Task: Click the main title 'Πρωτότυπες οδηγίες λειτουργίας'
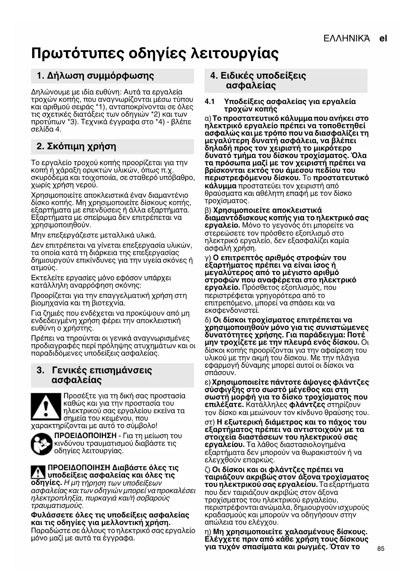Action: (x=155, y=53)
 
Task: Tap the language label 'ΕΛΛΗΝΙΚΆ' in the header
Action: (x=347, y=38)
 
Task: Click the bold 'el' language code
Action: (x=383, y=38)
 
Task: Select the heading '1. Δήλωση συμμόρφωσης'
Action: (x=96, y=76)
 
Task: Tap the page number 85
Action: (x=381, y=549)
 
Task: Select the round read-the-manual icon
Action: (x=41, y=443)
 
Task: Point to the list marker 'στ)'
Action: (x=210, y=422)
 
